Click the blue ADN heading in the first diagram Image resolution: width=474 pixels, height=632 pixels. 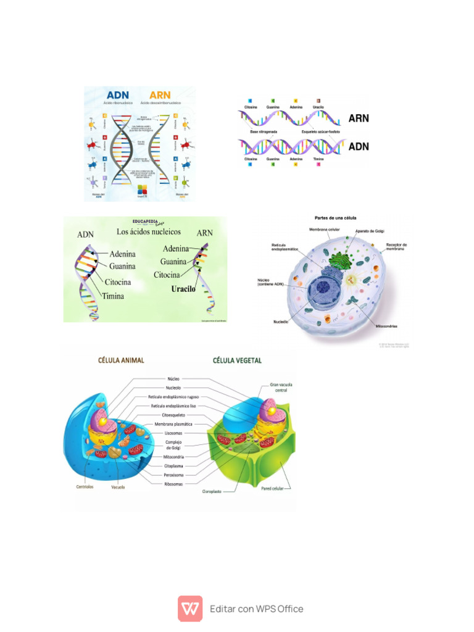[x=118, y=95]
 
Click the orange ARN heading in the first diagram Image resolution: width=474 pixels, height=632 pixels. [x=160, y=95]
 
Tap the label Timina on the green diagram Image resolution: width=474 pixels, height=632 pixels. [x=113, y=296]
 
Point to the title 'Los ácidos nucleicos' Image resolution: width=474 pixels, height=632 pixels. [x=149, y=231]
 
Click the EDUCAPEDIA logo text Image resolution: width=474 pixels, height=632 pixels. [x=149, y=221]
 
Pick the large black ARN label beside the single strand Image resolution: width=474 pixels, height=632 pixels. [x=359, y=117]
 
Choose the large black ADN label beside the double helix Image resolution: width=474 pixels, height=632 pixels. [x=359, y=147]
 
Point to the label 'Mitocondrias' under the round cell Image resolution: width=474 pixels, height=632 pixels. [x=386, y=325]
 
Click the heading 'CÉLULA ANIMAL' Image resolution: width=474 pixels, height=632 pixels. [x=121, y=360]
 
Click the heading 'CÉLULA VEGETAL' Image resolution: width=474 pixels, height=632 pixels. [x=237, y=360]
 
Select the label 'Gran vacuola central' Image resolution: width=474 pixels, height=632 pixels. [x=281, y=387]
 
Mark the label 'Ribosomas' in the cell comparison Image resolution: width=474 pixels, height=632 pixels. [x=173, y=484]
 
